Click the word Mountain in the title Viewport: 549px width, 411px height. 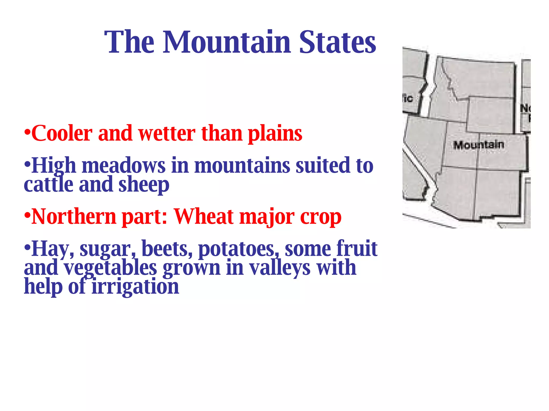227,42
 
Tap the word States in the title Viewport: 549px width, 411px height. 337,42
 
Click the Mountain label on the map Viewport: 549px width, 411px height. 478,145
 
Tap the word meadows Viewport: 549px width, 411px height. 124,166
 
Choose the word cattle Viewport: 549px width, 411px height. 49,184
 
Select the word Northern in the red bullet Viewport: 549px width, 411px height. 74,216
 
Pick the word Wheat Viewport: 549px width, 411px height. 204,216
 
